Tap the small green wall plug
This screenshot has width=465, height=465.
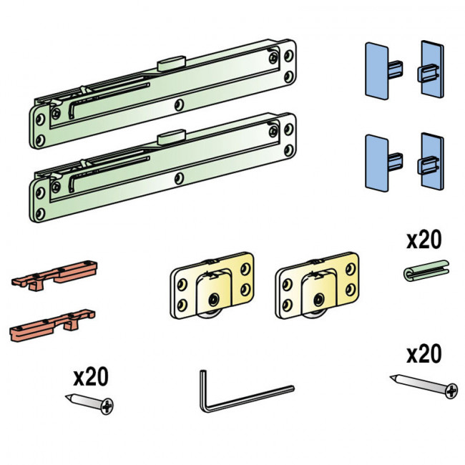(x=426, y=270)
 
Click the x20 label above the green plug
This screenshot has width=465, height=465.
(x=424, y=240)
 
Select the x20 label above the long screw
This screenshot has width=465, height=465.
(x=424, y=354)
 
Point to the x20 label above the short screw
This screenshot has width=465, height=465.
(x=91, y=376)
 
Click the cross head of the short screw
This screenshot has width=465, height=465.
(x=107, y=406)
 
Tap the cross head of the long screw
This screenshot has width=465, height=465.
(x=451, y=391)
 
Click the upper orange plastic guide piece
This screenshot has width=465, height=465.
(x=55, y=275)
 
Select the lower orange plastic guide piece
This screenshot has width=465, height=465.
(x=53, y=325)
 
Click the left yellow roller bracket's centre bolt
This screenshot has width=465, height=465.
(x=214, y=300)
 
